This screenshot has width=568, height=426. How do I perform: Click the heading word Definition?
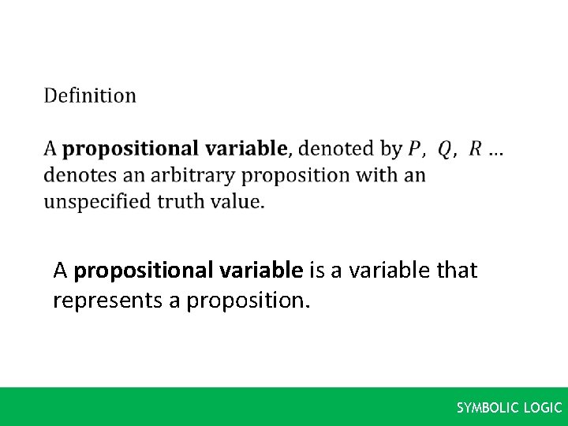(90, 96)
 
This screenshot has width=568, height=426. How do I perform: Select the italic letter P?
(415, 148)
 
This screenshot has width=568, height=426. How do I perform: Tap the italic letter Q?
(445, 148)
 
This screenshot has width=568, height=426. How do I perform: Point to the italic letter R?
(475, 148)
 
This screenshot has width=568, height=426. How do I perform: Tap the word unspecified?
(97, 202)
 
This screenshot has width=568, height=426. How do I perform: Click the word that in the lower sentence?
(457, 271)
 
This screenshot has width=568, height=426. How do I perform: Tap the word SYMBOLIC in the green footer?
(485, 408)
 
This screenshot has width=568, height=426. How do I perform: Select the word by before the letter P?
(390, 149)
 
